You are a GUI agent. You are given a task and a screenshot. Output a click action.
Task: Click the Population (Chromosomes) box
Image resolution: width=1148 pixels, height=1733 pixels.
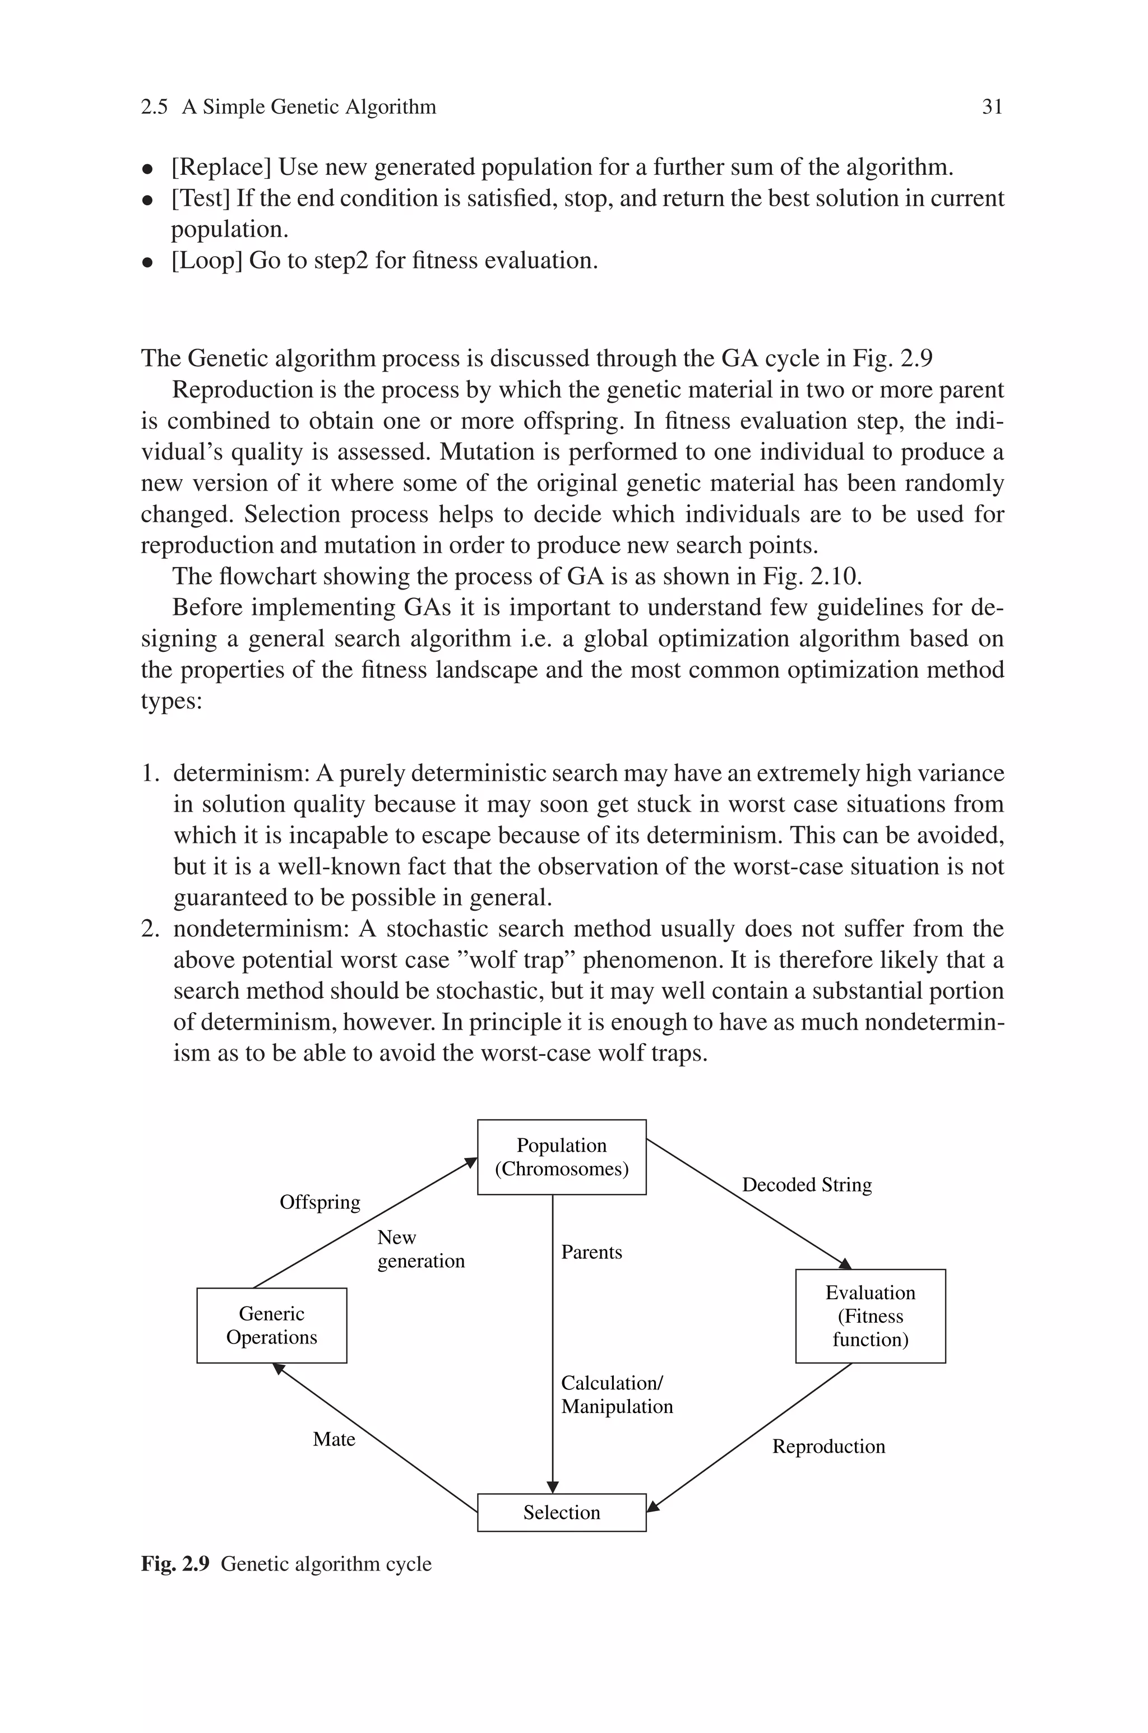[562, 1156]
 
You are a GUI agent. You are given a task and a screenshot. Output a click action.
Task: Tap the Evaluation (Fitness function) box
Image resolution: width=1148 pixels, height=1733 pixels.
[870, 1316]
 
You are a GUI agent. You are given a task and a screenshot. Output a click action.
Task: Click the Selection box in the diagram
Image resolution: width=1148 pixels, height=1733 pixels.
[562, 1512]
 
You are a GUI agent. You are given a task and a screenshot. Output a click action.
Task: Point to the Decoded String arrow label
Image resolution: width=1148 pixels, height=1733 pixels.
[807, 1185]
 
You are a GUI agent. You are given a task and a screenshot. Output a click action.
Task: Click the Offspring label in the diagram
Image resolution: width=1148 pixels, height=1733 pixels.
[320, 1202]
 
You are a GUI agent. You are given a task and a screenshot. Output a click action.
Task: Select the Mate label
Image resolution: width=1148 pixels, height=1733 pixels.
[334, 1439]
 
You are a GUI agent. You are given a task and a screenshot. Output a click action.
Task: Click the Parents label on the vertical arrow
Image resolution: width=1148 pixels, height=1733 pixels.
[591, 1252]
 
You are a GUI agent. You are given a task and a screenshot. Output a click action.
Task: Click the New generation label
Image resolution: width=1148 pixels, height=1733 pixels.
[420, 1249]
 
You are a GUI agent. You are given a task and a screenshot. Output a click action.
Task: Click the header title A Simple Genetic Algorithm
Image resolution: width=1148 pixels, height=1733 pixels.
[309, 108]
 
